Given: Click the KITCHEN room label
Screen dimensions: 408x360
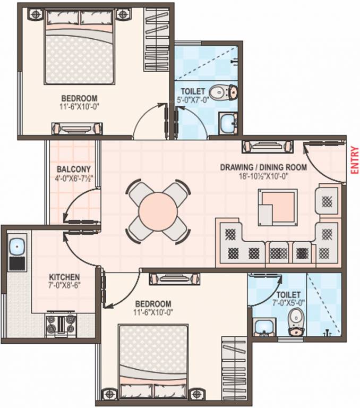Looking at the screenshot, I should pos(64,277).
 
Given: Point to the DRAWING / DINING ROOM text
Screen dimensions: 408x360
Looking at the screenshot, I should pos(263,167).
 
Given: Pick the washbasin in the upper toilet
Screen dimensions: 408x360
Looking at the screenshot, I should pos(229,123).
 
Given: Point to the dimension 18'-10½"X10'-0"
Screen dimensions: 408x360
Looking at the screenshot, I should pos(263,176).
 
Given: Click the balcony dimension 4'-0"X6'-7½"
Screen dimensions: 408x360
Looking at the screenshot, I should pos(74,179).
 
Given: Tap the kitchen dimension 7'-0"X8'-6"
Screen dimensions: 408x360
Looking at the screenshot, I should pos(64,285).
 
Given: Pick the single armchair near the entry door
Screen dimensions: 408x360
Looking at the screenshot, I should pos(325,200).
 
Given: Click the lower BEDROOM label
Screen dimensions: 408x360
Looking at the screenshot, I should pos(153,303).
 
